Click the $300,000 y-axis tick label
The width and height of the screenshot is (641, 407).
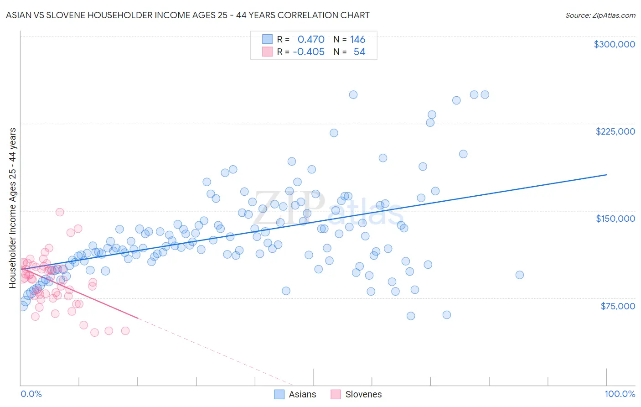click(x=614, y=44)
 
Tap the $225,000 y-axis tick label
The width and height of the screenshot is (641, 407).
click(x=615, y=131)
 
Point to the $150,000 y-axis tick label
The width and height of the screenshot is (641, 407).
click(x=615, y=219)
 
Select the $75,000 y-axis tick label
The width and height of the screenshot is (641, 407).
click(x=617, y=306)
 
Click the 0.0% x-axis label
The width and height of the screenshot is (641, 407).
click(x=31, y=394)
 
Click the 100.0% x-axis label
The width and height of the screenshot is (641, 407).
click(x=620, y=394)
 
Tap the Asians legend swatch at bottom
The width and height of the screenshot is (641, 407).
click(x=279, y=394)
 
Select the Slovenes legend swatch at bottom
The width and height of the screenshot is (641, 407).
click(x=336, y=394)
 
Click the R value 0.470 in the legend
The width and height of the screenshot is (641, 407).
click(x=311, y=40)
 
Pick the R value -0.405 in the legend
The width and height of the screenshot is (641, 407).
click(x=309, y=52)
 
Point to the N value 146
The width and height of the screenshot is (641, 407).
click(x=357, y=40)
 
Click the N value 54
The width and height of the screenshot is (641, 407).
click(x=359, y=52)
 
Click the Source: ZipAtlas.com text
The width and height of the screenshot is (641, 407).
click(x=600, y=16)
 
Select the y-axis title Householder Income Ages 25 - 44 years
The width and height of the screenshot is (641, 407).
click(x=13, y=208)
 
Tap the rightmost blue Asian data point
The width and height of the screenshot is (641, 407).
click(x=519, y=275)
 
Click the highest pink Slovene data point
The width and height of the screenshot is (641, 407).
click(x=60, y=212)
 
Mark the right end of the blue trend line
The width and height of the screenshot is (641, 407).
click(x=606, y=175)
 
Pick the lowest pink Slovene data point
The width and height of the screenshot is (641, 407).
click(x=94, y=333)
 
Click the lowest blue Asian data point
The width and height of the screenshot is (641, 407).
click(x=411, y=316)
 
